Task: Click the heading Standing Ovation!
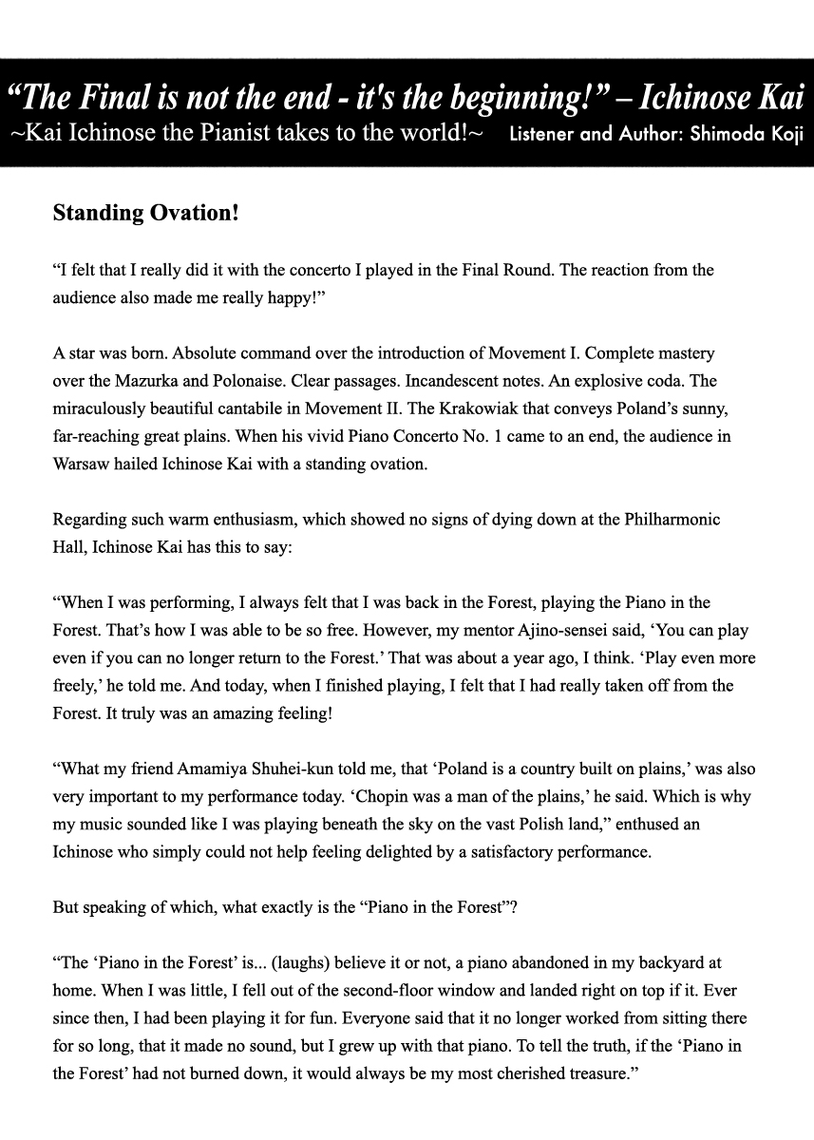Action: click(145, 213)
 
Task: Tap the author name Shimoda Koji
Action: click(734, 134)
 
